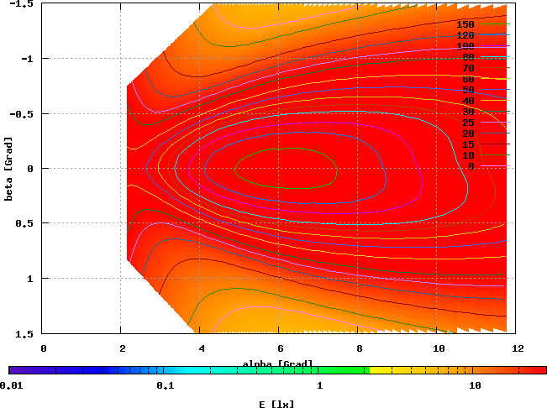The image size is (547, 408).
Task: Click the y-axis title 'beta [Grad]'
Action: click(x=8, y=169)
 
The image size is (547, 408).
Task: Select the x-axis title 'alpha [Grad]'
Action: click(x=277, y=364)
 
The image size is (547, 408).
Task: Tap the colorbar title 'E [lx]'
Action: click(x=277, y=404)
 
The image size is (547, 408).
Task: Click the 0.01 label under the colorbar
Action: click(x=11, y=386)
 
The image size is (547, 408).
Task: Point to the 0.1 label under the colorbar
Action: click(x=165, y=386)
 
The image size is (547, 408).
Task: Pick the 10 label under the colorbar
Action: click(x=475, y=386)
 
